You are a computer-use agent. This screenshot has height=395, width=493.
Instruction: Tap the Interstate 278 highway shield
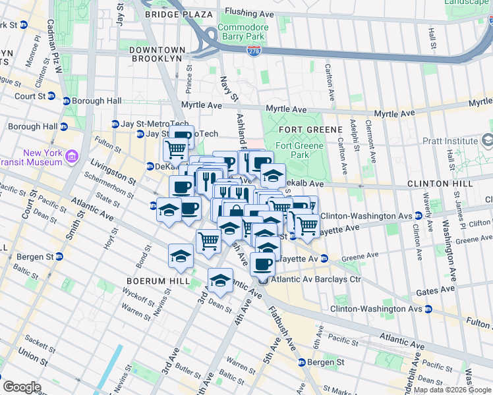pyautogui.click(x=254, y=50)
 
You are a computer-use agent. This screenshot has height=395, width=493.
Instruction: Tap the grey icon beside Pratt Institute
pyautogui.click(x=487, y=140)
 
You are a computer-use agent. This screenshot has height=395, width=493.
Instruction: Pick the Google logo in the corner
pyautogui.click(x=22, y=387)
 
